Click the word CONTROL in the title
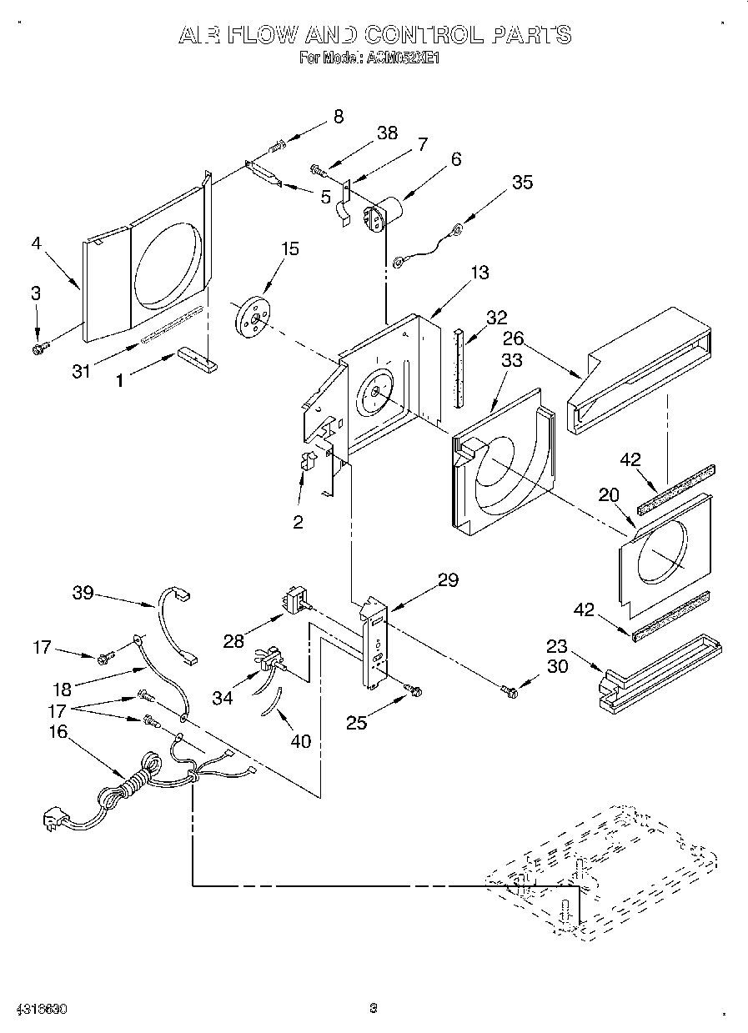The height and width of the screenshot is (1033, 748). [423, 35]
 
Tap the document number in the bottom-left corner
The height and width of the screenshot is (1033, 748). [38, 1009]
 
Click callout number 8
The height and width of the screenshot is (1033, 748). [338, 117]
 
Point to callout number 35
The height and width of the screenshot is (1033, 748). [522, 183]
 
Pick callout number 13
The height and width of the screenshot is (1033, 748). [479, 273]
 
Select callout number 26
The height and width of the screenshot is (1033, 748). [513, 338]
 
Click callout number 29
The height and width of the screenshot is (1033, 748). [448, 580]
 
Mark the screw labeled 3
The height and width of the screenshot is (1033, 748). [38, 348]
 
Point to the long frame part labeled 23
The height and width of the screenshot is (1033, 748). [659, 678]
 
